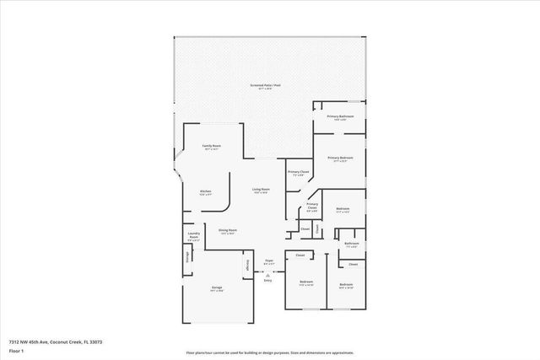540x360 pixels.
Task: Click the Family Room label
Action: [211, 147]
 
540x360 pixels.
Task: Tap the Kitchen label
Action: [205, 191]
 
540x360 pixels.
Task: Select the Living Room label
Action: [261, 190]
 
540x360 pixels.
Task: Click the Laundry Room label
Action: [193, 238]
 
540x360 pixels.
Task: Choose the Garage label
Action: [217, 288]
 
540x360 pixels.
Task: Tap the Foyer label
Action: [268, 261]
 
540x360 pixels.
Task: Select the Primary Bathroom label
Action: [340, 117]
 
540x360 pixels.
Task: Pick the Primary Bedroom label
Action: [340, 158]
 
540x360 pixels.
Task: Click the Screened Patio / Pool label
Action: [262, 87]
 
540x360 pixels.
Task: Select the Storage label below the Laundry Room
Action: [187, 257]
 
